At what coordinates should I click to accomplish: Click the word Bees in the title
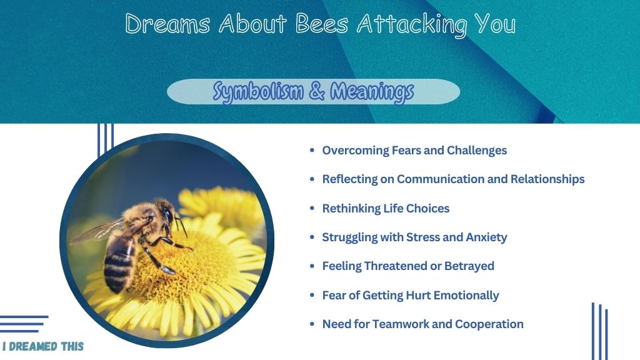click(x=322, y=23)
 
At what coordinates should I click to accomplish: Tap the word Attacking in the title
click(x=412, y=25)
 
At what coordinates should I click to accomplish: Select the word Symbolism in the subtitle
click(x=258, y=92)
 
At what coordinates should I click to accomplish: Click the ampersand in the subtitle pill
click(x=317, y=91)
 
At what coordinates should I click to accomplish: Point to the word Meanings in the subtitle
click(x=372, y=92)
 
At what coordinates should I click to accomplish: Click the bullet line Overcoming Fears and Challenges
click(x=414, y=151)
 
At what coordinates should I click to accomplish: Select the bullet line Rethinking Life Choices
click(x=386, y=209)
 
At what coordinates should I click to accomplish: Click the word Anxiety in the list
click(x=486, y=237)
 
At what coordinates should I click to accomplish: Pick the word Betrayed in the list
click(x=469, y=266)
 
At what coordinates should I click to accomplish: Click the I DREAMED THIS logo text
click(x=43, y=346)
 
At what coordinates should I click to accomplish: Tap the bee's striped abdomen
click(x=118, y=263)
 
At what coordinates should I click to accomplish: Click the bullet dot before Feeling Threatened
click(x=312, y=266)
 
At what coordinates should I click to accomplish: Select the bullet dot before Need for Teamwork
click(x=312, y=324)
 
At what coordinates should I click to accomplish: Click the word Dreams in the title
click(x=167, y=23)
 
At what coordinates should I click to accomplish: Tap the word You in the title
click(x=495, y=23)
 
